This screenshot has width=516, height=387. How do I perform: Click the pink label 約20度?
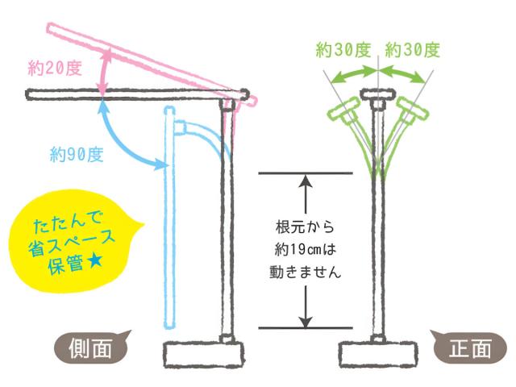coord(55,70)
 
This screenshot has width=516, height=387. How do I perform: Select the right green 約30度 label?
coord(412,50)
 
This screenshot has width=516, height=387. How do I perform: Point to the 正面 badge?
coord(468,347)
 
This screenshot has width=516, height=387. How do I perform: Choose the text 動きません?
coord(305,273)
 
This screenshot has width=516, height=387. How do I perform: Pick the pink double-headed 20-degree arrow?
coord(103,72)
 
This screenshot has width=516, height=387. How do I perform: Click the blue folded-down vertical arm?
coord(169,218)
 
